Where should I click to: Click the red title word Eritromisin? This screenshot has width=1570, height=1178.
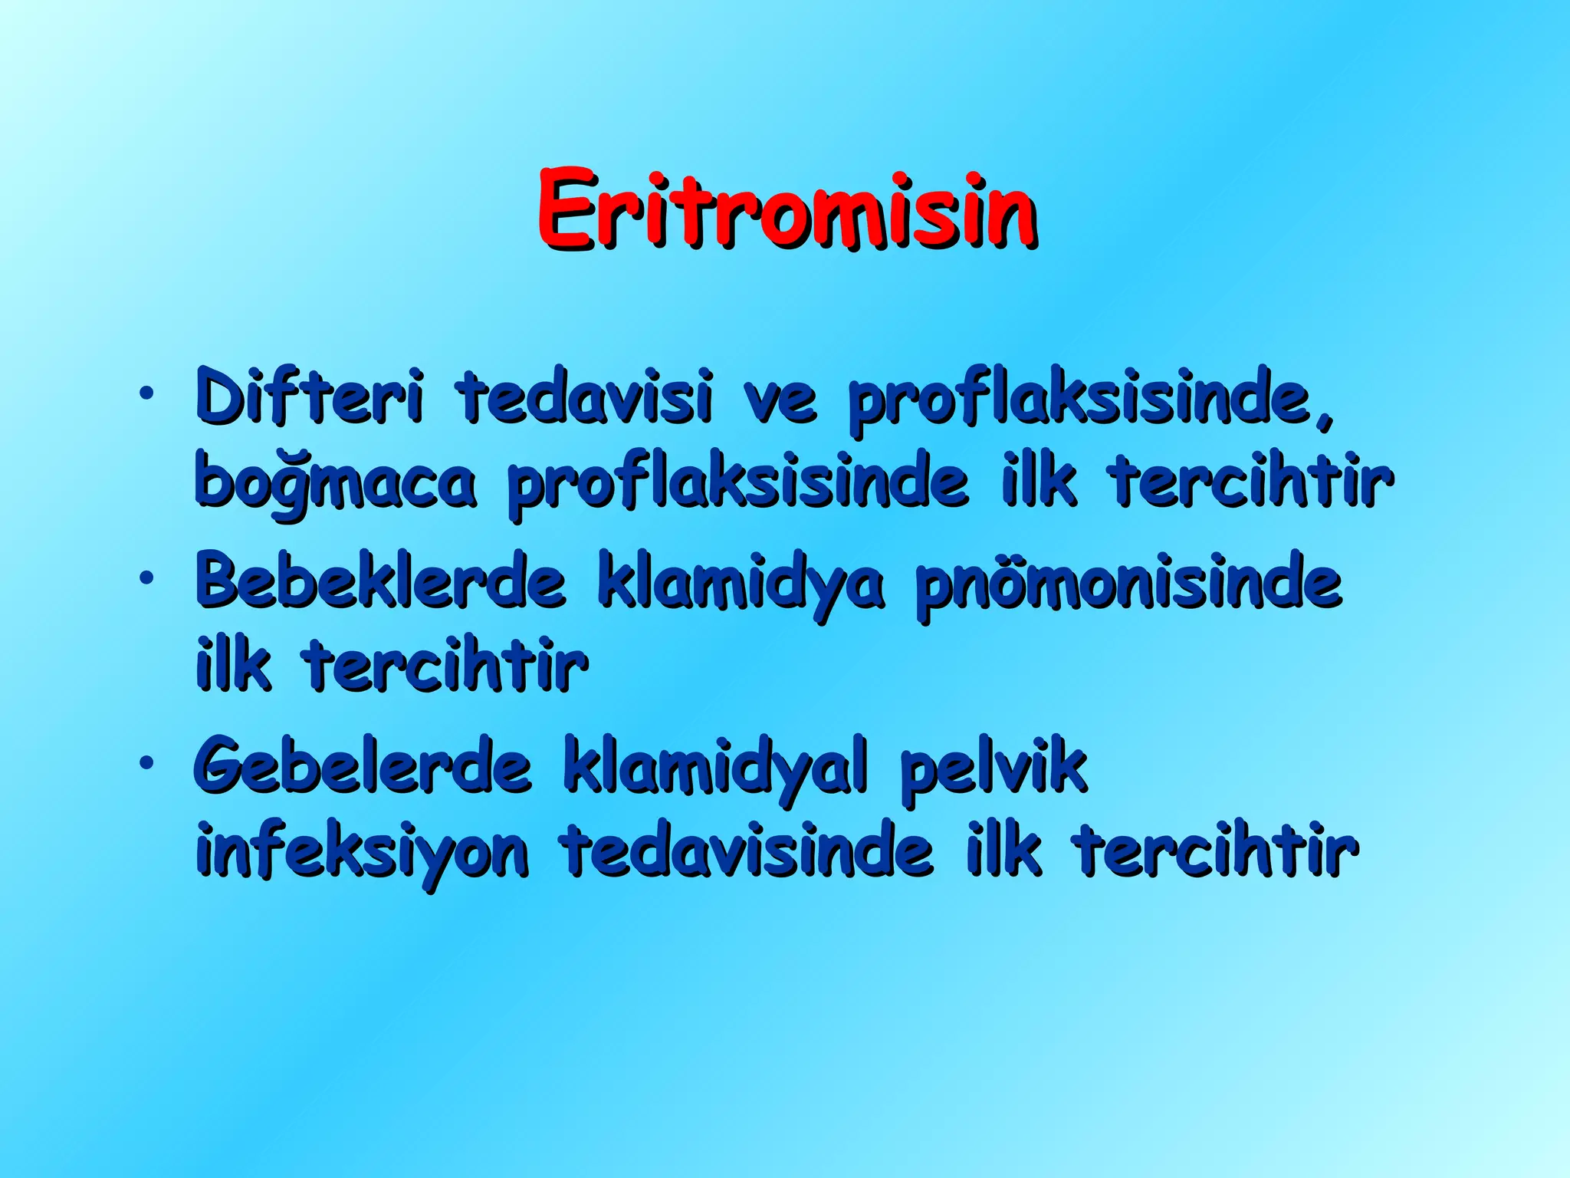pos(787,209)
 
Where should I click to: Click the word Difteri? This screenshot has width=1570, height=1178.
pos(308,397)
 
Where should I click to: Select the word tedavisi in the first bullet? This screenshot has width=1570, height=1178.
pos(586,397)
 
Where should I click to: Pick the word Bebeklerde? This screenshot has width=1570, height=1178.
pos(380,581)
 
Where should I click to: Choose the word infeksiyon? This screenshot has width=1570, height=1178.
pos(362,853)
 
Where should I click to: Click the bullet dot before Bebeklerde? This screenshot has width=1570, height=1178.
pos(145,577)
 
